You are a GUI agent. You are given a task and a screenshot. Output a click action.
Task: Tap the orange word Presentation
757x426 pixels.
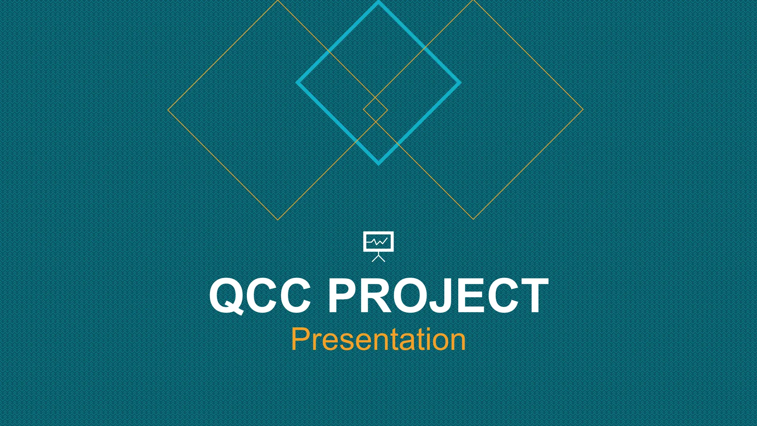[378, 339]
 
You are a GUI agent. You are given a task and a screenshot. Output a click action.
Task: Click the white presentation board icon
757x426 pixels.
[378, 246]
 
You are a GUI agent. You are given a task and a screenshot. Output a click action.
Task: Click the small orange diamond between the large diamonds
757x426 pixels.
[376, 110]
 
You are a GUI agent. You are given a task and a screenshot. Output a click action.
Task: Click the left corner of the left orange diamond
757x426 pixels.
[168, 110]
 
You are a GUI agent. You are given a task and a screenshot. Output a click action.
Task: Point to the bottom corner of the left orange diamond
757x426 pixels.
[278, 220]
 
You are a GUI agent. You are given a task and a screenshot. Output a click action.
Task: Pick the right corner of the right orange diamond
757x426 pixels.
[583, 109]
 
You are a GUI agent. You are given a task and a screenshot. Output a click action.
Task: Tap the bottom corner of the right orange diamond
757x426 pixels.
[473, 219]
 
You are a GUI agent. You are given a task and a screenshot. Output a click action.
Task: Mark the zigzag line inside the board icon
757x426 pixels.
[377, 242]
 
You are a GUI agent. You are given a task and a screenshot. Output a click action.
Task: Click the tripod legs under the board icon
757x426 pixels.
[378, 258]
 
